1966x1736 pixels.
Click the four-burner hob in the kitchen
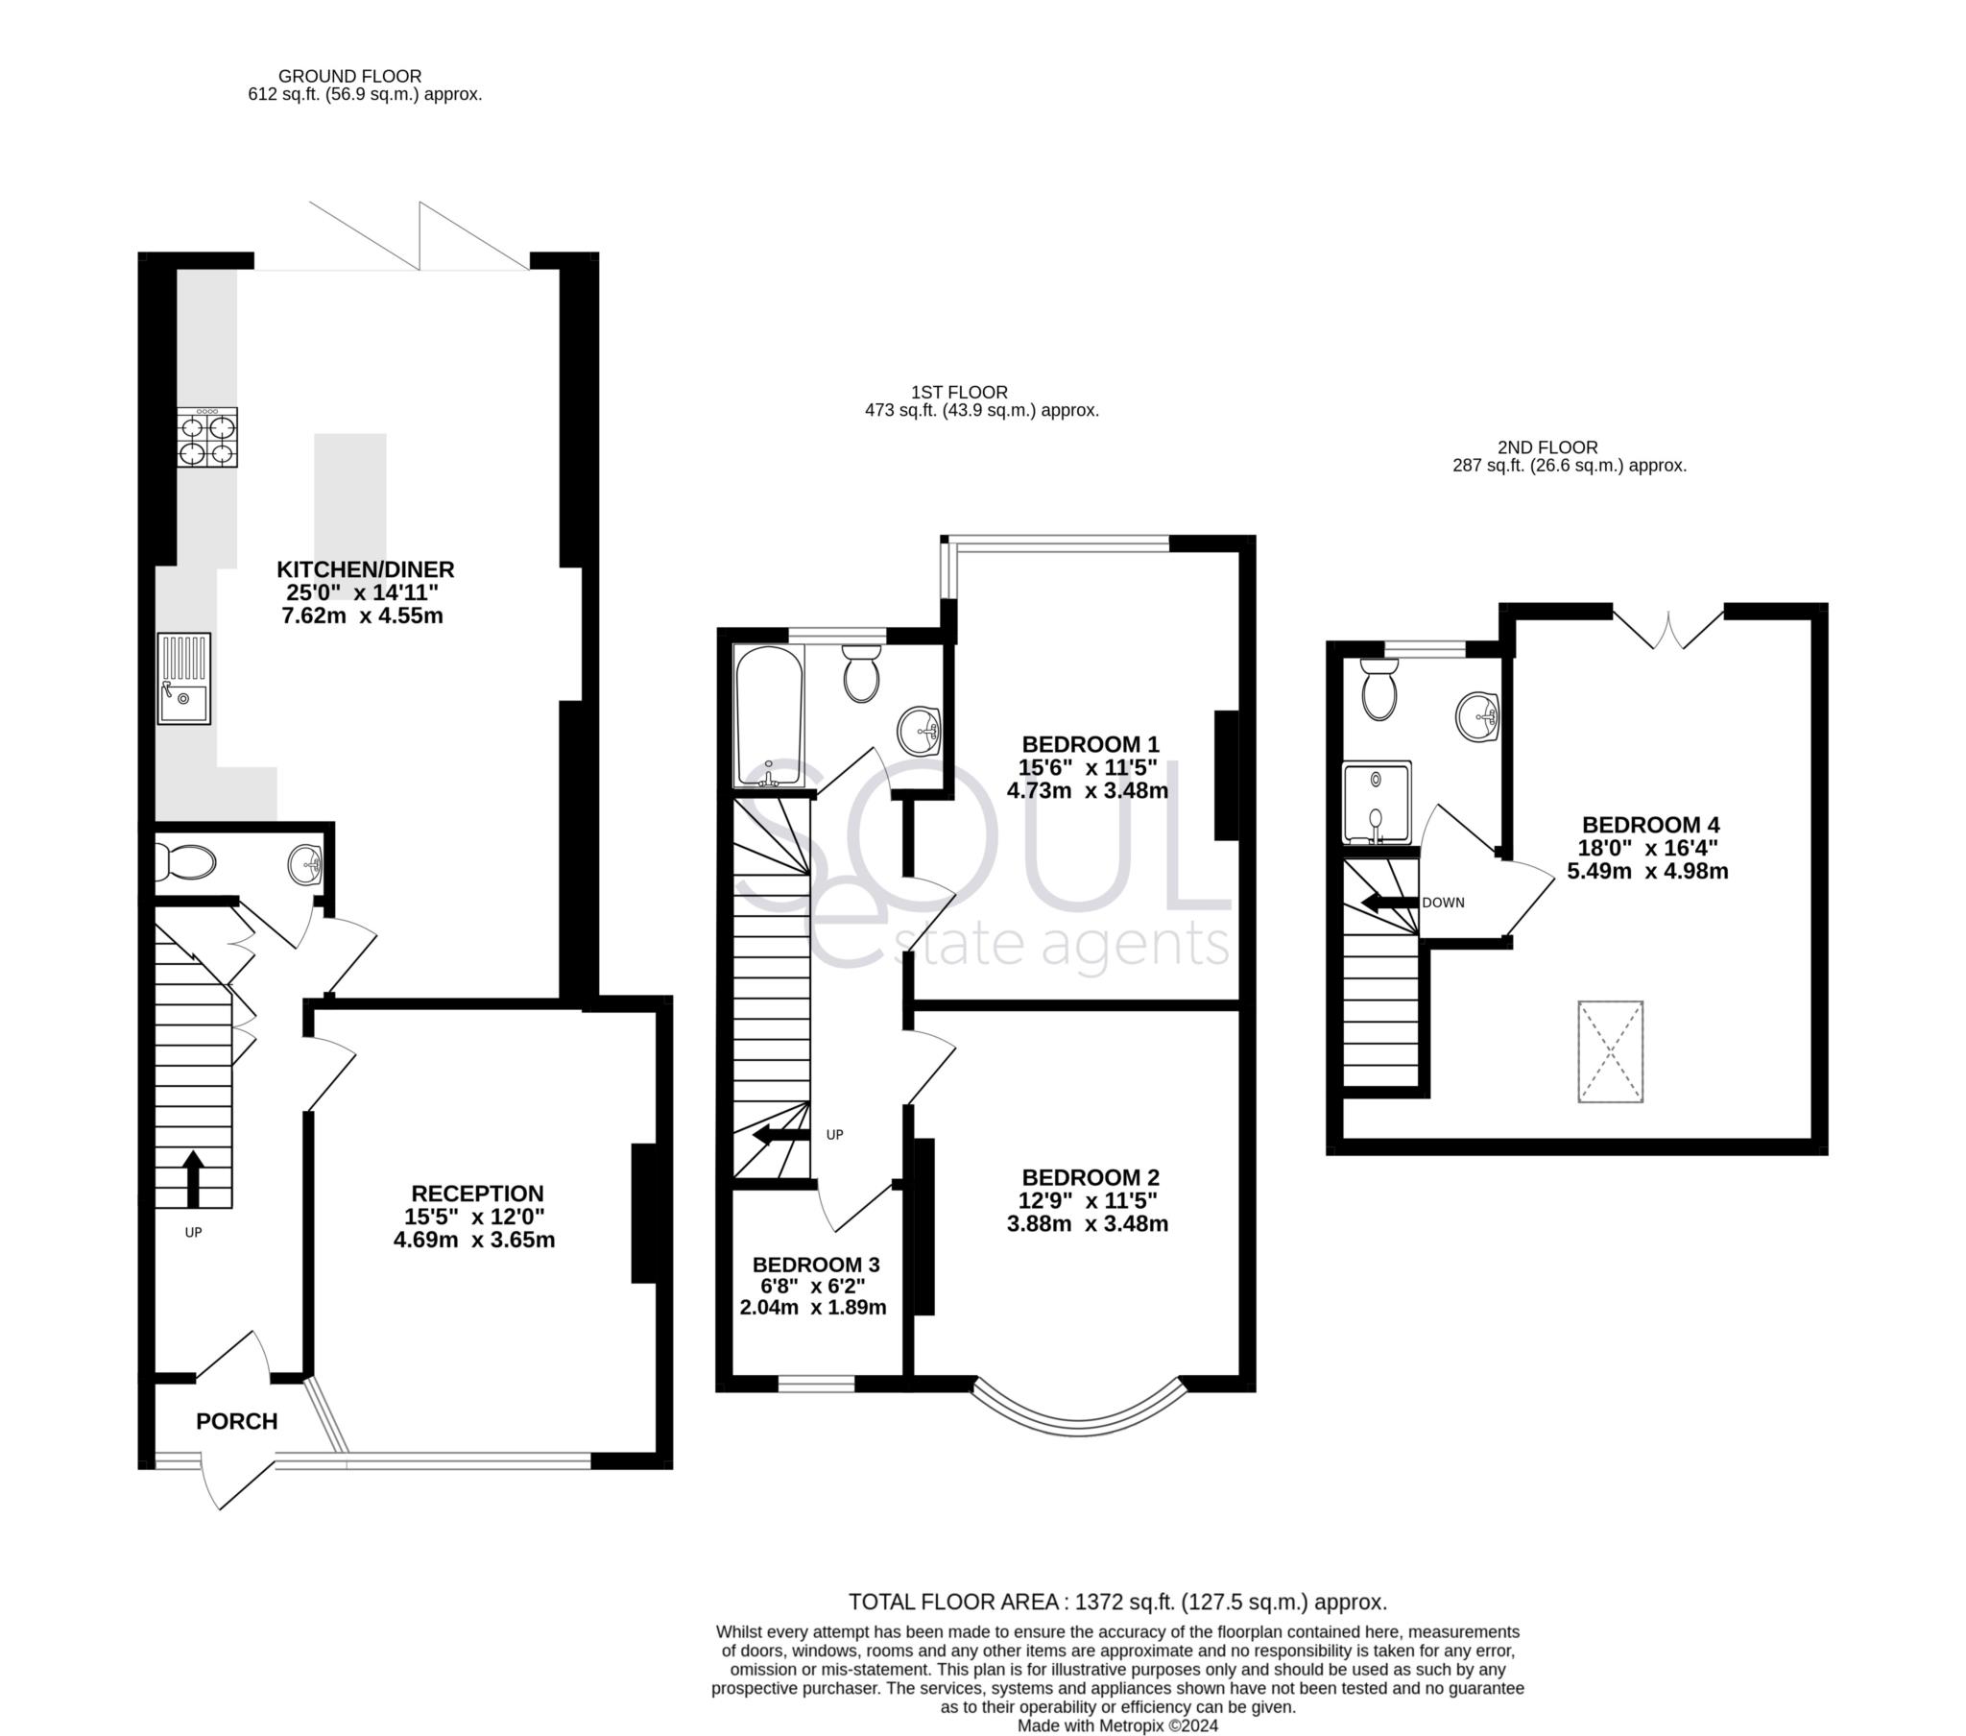(207, 438)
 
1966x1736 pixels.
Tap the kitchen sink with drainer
(183, 679)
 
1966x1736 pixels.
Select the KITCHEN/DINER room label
(366, 569)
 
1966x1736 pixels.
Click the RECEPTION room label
(477, 1193)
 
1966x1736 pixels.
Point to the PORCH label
(236, 1421)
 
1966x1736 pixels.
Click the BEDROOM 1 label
(1090, 744)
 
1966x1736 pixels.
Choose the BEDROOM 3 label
(816, 1265)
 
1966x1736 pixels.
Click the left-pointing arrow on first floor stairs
(780, 1136)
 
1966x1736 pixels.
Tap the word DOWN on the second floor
(1443, 903)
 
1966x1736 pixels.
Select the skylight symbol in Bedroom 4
(1610, 1051)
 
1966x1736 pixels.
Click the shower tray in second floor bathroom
(1377, 803)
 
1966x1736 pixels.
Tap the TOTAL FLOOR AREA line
(1116, 1603)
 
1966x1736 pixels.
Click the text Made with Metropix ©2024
(1117, 1726)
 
